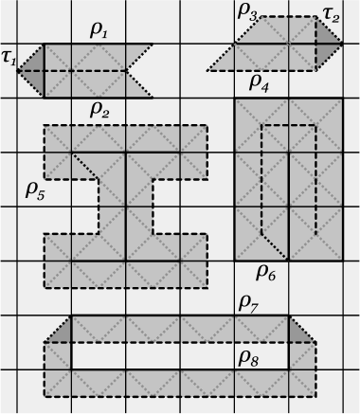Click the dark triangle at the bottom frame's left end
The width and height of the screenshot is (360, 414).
click(61, 332)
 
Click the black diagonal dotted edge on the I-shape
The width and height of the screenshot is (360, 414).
click(85, 166)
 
